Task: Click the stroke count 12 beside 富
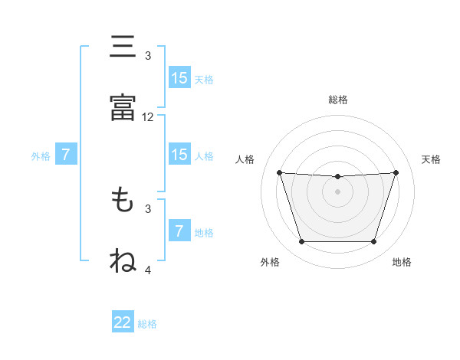[x=148, y=118]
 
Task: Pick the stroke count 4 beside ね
[x=148, y=270]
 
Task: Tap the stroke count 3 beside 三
[x=148, y=56]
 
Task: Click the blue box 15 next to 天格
[x=179, y=78]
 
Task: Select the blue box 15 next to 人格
[x=179, y=155]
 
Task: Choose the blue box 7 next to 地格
[x=179, y=231]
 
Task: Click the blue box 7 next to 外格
[x=66, y=155]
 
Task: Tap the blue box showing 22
[x=123, y=322]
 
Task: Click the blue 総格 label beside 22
[x=147, y=324]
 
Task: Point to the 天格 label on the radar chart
[x=432, y=159]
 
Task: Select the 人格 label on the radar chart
[x=245, y=159]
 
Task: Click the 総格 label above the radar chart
[x=338, y=100]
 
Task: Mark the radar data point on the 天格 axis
[x=396, y=172]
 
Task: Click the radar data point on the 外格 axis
[x=301, y=242]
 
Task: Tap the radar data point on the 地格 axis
[x=374, y=242]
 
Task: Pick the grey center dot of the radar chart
[x=338, y=191]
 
